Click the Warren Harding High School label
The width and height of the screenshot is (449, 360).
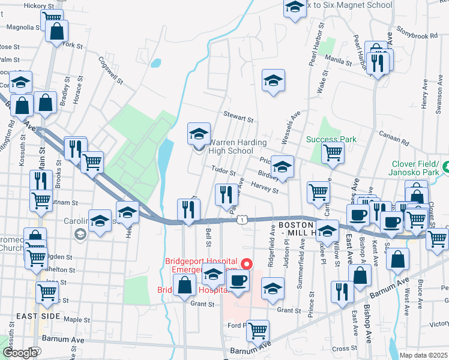pos(231,146)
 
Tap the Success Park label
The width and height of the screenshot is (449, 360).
pos(331,139)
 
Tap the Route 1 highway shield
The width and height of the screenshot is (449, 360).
pos(241,220)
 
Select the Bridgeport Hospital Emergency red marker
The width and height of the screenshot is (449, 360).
pos(246,263)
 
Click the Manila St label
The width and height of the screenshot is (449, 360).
pos(337,58)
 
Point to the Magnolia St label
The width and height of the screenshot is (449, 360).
pos(20,27)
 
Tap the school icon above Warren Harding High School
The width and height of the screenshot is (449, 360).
pos(199,133)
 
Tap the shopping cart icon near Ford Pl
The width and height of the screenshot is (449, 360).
pos(258,329)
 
